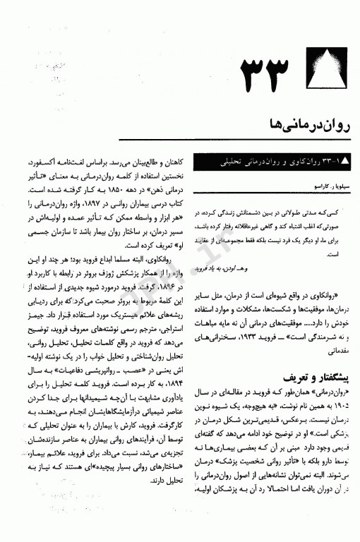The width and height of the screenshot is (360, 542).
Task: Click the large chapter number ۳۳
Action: (265, 71)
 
